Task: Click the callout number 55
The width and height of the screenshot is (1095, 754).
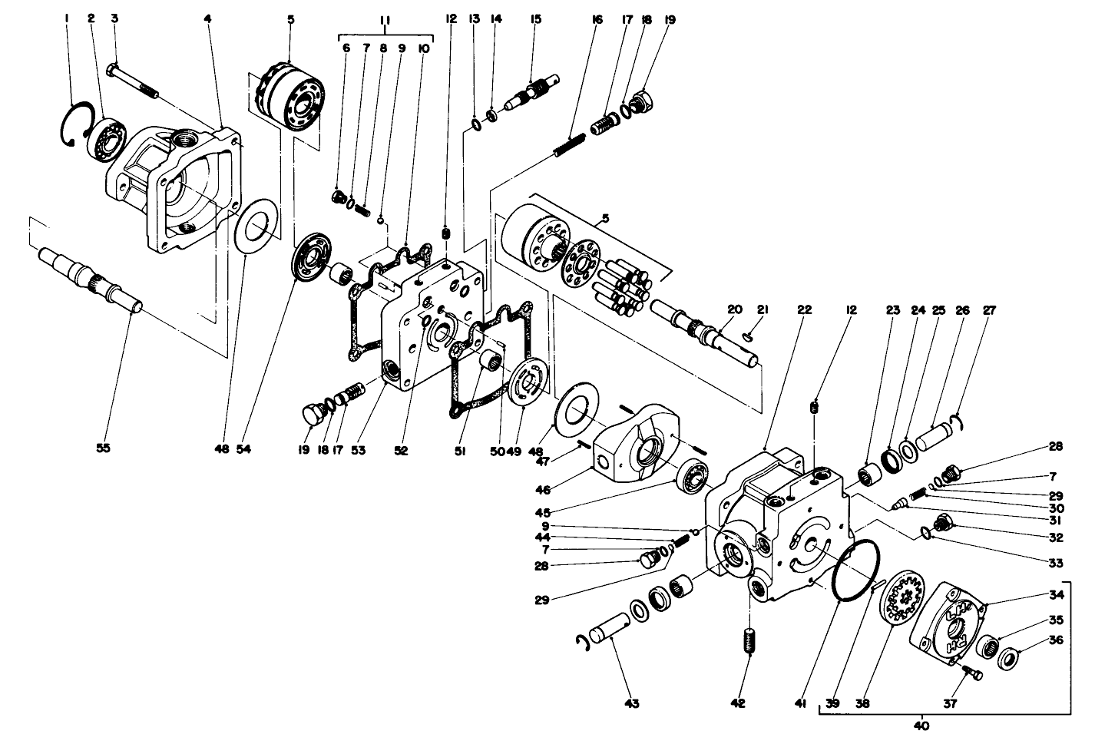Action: tap(103, 449)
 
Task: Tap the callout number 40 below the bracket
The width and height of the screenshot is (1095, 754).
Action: tap(921, 726)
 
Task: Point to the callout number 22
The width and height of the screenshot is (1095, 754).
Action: tap(803, 310)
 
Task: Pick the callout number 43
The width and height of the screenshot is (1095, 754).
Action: tap(632, 703)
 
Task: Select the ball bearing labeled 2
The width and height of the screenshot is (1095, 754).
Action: tap(102, 139)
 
